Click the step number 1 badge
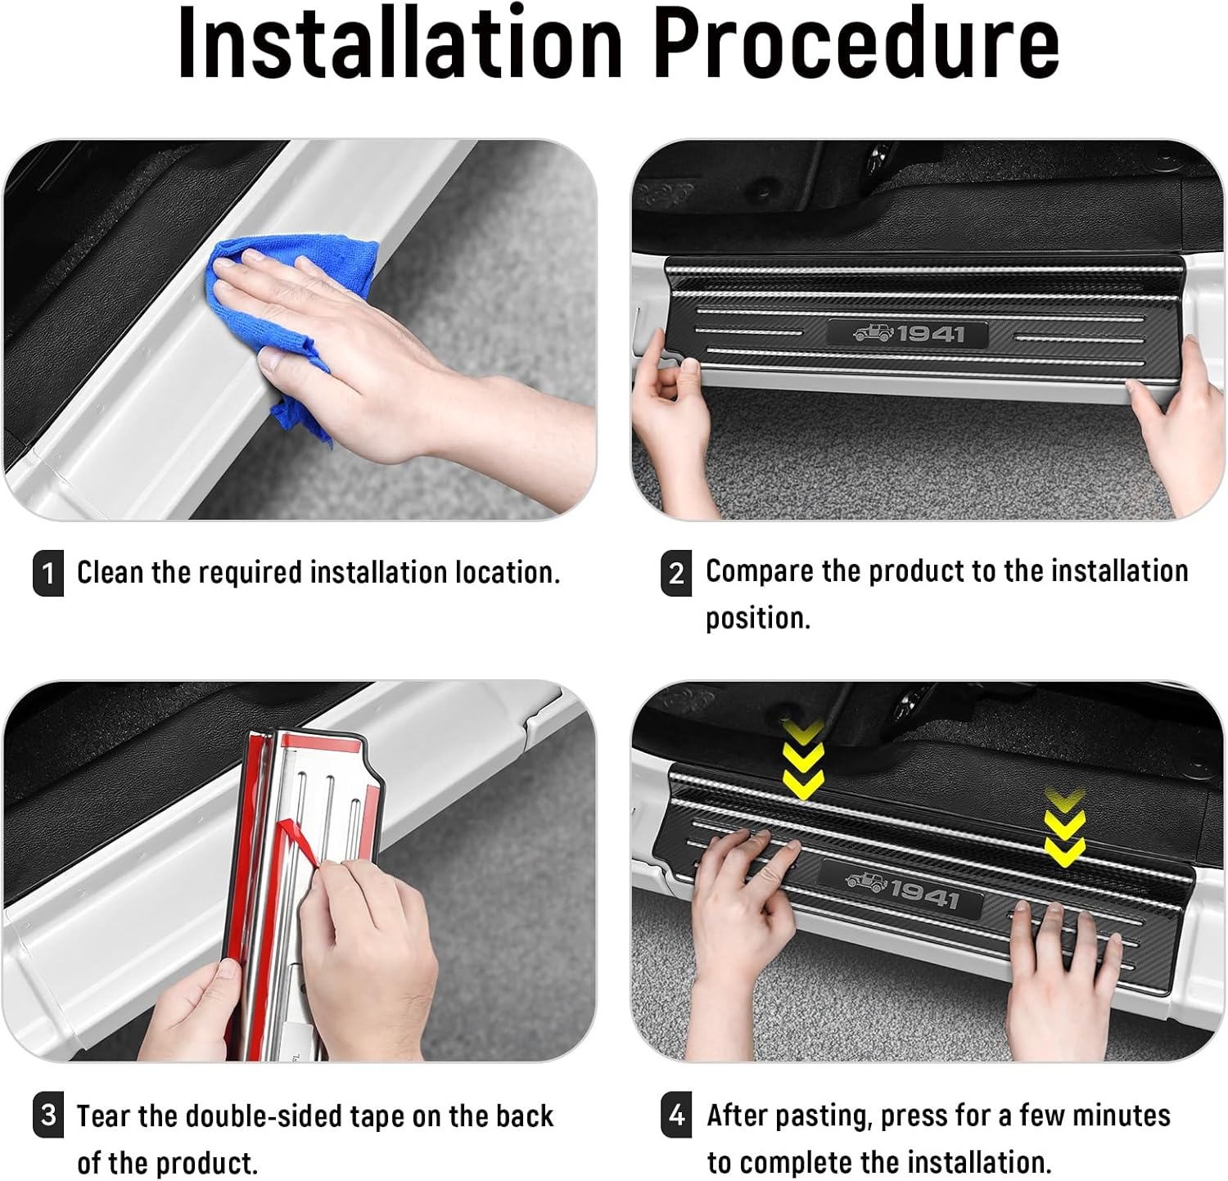coord(48,572)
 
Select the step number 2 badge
coord(675,573)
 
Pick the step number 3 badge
coord(48,1116)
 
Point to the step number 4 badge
coord(675,1116)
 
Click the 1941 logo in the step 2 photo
coord(908,334)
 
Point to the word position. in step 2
coord(758,618)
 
